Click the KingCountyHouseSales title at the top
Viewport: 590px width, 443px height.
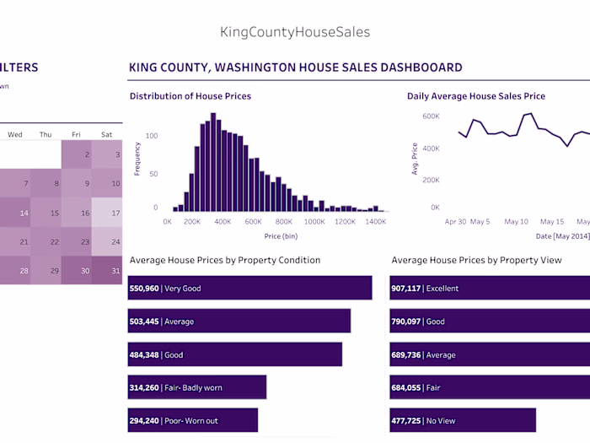[x=294, y=32]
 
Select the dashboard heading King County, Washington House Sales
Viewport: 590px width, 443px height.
[x=295, y=68]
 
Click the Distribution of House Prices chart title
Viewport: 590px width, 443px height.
[x=190, y=96]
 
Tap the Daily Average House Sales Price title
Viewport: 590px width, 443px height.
[x=475, y=96]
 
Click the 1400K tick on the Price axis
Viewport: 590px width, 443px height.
[x=375, y=222]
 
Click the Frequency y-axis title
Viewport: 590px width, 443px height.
[x=137, y=158]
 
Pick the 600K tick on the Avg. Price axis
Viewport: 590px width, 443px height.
[x=431, y=116]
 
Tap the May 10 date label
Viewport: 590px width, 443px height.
[x=516, y=222]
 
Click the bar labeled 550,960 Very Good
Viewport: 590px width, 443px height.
[x=249, y=288]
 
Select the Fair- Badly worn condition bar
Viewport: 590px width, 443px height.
[x=197, y=387]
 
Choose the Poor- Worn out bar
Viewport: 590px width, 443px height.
[x=193, y=420]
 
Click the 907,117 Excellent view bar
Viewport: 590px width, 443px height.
[x=489, y=288]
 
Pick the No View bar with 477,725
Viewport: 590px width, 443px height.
[x=462, y=420]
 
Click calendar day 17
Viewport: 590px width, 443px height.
[x=106, y=213]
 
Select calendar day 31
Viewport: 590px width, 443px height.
[x=106, y=270]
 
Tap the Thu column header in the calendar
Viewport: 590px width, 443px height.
[x=46, y=134]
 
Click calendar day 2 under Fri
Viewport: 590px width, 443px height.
[x=76, y=155]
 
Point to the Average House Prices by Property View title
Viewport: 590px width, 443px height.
[x=476, y=260]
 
